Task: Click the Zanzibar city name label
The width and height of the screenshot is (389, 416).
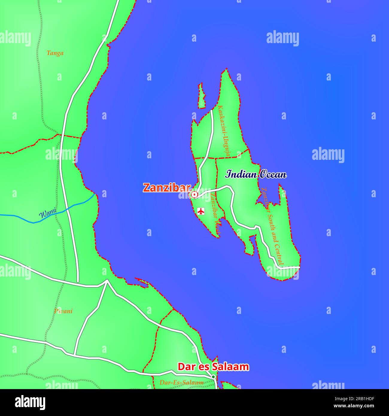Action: [x=167, y=188]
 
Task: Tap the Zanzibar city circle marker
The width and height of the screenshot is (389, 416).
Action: [x=194, y=195]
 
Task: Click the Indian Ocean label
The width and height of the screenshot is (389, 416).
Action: [x=256, y=174]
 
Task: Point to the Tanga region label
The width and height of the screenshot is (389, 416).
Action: [x=55, y=53]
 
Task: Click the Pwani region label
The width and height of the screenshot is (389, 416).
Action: [x=63, y=311]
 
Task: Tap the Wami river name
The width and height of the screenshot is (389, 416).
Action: [x=48, y=213]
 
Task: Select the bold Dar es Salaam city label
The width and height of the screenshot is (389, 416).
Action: [x=213, y=367]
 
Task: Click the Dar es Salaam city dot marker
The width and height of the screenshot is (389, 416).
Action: [x=213, y=377]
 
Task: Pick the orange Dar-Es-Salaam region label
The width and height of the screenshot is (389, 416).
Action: [x=181, y=382]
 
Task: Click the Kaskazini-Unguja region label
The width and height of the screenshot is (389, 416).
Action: [x=224, y=131]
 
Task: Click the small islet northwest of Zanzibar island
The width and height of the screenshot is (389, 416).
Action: [x=202, y=96]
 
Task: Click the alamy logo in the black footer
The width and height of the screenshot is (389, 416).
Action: [x=30, y=402]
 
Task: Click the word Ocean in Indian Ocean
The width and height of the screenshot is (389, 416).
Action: [x=272, y=174]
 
